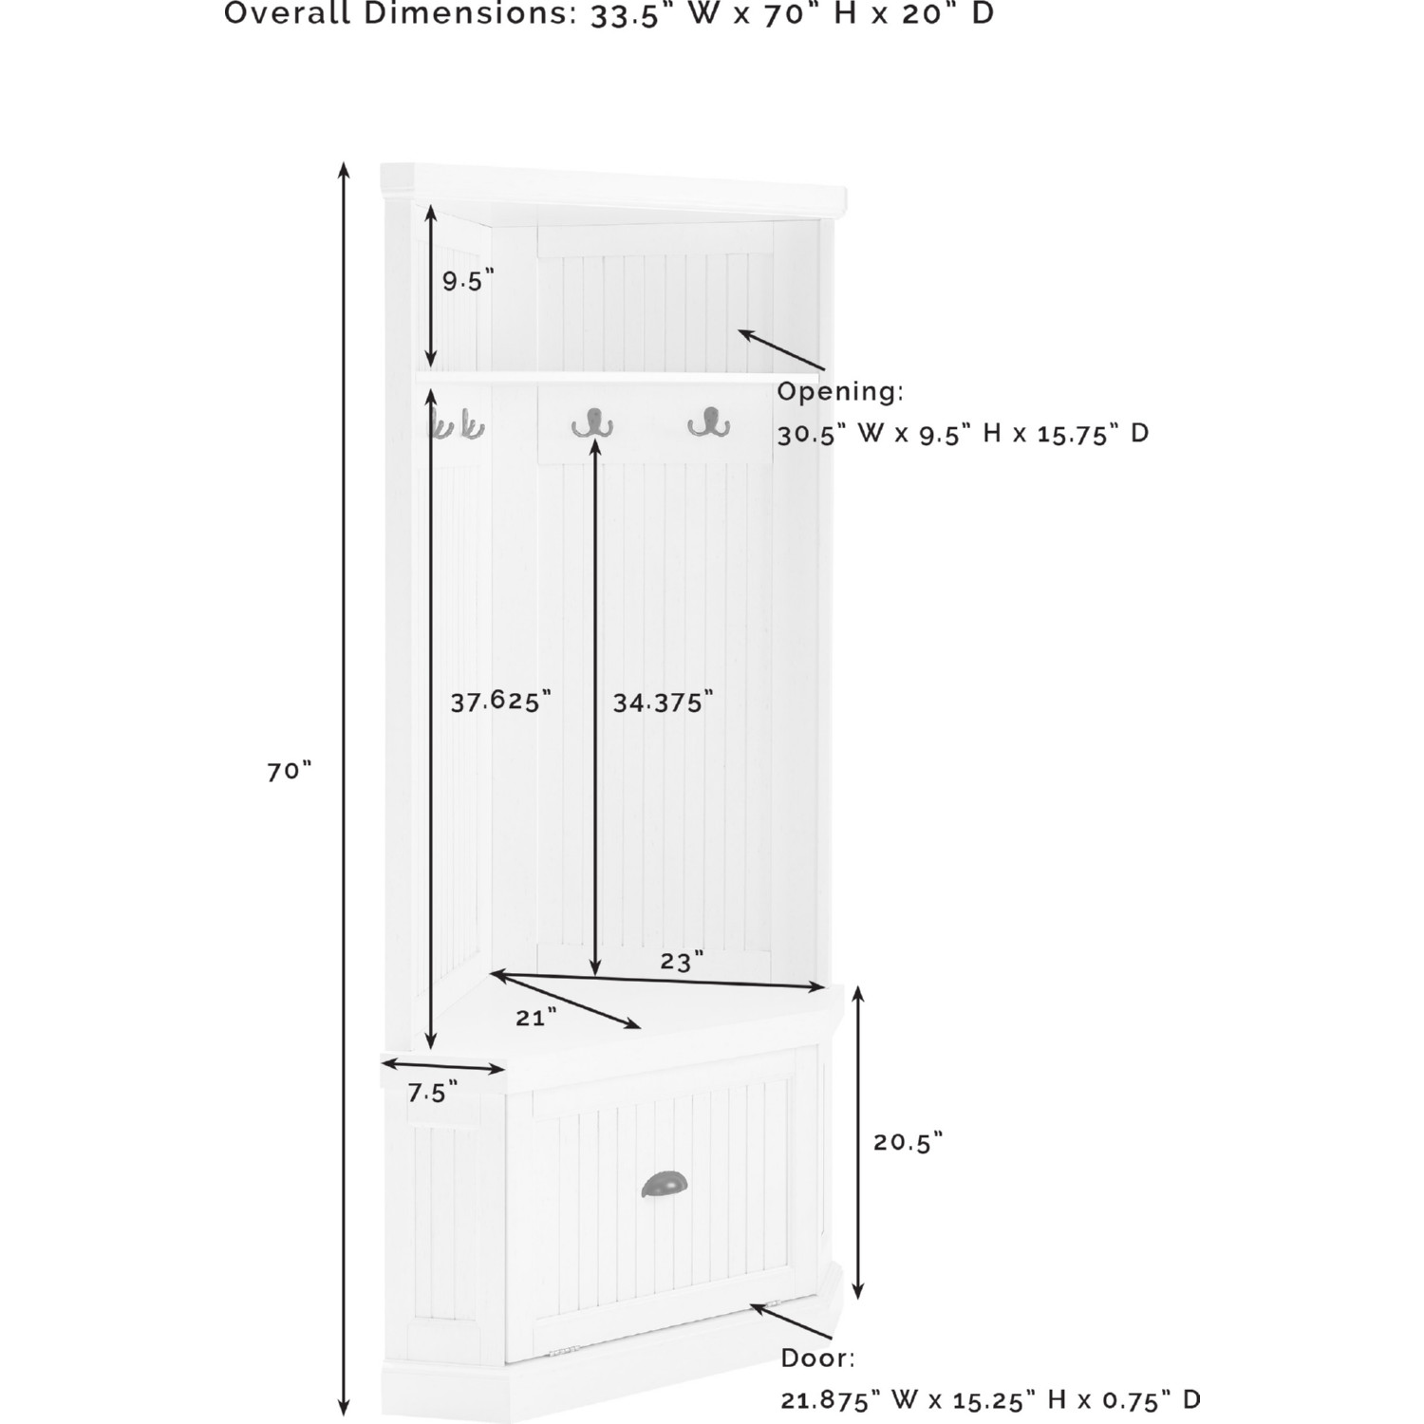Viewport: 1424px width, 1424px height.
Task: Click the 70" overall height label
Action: tap(289, 771)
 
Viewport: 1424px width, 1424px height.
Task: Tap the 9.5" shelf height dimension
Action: tap(468, 281)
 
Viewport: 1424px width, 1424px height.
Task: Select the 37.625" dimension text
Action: tap(500, 702)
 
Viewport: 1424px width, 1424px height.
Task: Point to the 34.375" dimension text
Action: tap(662, 703)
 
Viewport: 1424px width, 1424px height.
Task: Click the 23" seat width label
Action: tap(682, 962)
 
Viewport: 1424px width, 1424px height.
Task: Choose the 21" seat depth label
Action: tap(535, 1018)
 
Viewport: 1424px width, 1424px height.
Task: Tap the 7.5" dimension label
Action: tap(432, 1094)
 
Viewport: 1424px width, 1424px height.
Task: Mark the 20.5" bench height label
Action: tap(908, 1142)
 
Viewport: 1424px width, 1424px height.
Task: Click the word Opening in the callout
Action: tap(840, 392)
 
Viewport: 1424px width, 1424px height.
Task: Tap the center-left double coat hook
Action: tap(592, 422)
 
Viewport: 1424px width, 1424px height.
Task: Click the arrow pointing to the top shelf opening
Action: tap(781, 349)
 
